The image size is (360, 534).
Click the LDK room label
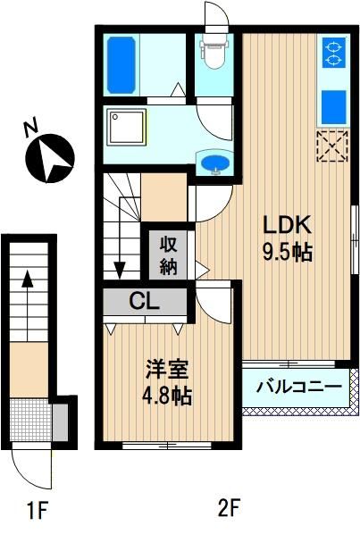click(x=287, y=225)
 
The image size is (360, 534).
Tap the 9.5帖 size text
click(x=287, y=253)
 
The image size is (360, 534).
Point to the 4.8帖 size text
click(x=167, y=396)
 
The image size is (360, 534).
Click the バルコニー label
click(x=298, y=387)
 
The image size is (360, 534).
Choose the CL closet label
click(x=145, y=302)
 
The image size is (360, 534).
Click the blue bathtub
click(x=121, y=65)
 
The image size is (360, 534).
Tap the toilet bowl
click(x=214, y=52)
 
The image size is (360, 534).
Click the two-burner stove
click(x=333, y=53)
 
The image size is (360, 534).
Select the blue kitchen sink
click(x=334, y=107)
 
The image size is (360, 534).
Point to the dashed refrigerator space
click(x=332, y=146)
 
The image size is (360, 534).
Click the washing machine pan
click(x=126, y=127)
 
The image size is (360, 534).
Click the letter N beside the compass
click(x=30, y=129)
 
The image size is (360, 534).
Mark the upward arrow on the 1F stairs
click(x=28, y=305)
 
